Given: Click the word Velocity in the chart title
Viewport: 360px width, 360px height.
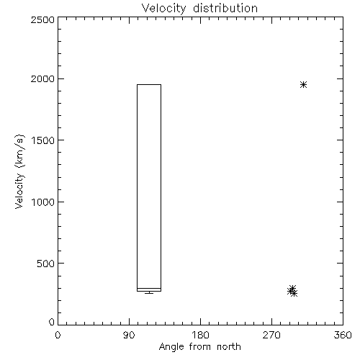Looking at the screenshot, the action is tap(163, 8).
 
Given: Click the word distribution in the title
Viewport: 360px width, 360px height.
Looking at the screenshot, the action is tap(225, 8).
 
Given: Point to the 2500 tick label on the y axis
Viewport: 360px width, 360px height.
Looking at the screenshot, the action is tap(42, 19).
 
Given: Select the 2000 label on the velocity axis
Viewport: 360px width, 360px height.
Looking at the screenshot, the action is tap(42, 78).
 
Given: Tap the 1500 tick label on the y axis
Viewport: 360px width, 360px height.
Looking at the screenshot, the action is tap(43, 140).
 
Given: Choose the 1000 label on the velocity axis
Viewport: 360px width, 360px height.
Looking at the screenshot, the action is tap(43, 202).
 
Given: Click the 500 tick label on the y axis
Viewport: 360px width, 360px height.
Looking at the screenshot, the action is tap(46, 264).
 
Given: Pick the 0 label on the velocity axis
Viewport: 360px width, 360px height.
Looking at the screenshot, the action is tap(52, 322).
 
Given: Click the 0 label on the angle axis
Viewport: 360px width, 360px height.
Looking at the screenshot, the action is tap(58, 335).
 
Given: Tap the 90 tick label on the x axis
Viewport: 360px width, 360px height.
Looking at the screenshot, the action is tap(129, 335).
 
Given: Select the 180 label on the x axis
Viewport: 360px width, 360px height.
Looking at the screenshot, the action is tap(200, 335).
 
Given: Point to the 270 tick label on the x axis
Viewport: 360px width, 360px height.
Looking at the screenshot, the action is tap(271, 335).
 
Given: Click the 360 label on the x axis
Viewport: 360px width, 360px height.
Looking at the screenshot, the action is tap(343, 335).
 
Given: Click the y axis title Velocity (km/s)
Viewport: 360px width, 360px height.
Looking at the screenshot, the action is tap(19, 171).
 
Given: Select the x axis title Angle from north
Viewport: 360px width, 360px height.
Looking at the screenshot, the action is tap(200, 347).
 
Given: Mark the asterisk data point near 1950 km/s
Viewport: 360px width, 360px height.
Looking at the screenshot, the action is tap(304, 84).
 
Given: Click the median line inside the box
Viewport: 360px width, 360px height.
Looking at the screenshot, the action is tap(149, 288).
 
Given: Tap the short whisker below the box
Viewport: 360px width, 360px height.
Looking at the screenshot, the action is tap(149, 292).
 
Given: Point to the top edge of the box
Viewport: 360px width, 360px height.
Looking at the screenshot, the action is tap(149, 84).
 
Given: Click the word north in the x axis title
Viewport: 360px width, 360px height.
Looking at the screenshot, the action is tap(229, 346).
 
